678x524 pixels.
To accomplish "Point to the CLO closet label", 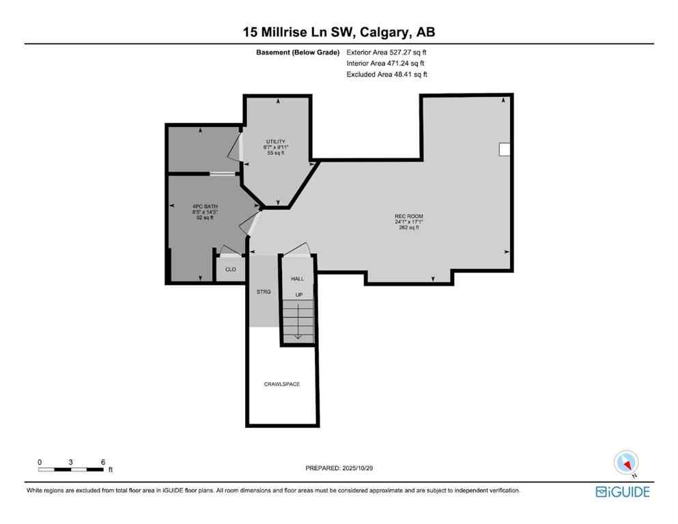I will tap(231, 270).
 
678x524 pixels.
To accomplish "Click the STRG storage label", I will tap(263, 291).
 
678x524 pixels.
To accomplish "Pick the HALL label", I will tap(298, 279).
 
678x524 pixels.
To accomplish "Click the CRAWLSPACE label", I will tap(282, 384).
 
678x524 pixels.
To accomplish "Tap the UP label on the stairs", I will tap(298, 294).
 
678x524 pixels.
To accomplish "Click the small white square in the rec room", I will tap(505, 149).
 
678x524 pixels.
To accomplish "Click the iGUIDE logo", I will tap(623, 491).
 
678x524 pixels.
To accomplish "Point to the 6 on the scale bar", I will tap(102, 462).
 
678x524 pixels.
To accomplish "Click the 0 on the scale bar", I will tap(40, 462).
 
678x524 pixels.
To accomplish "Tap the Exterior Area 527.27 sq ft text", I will tap(387, 52).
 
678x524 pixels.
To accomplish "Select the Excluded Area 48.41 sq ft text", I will tap(387, 74).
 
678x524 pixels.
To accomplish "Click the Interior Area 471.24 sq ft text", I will tap(385, 63).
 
